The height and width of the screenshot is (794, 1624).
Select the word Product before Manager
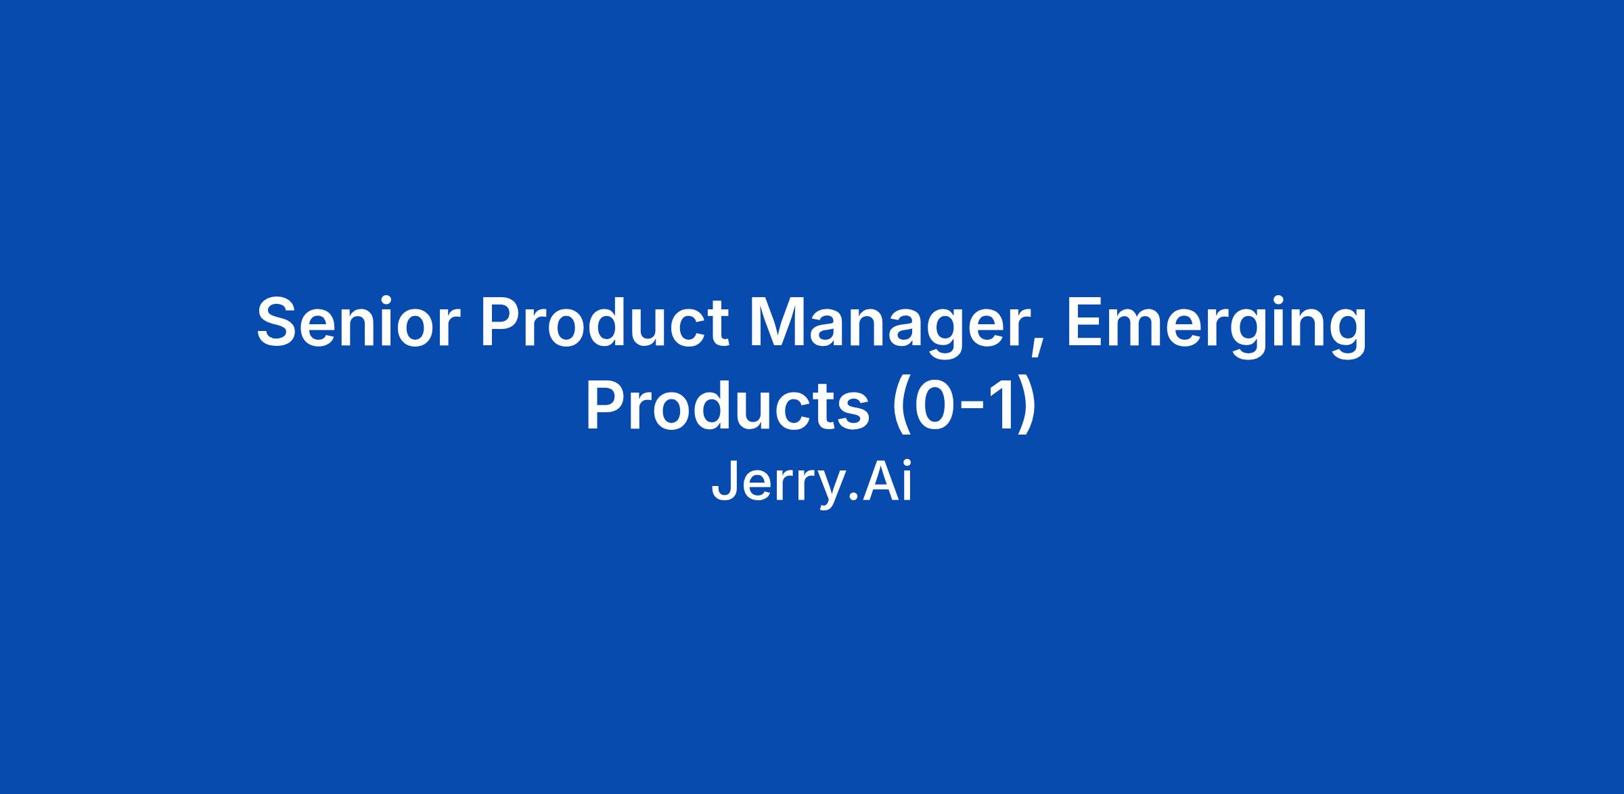(x=605, y=323)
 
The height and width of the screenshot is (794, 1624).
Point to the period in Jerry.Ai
(x=851, y=497)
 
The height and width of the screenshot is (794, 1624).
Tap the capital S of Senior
(x=280, y=323)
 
